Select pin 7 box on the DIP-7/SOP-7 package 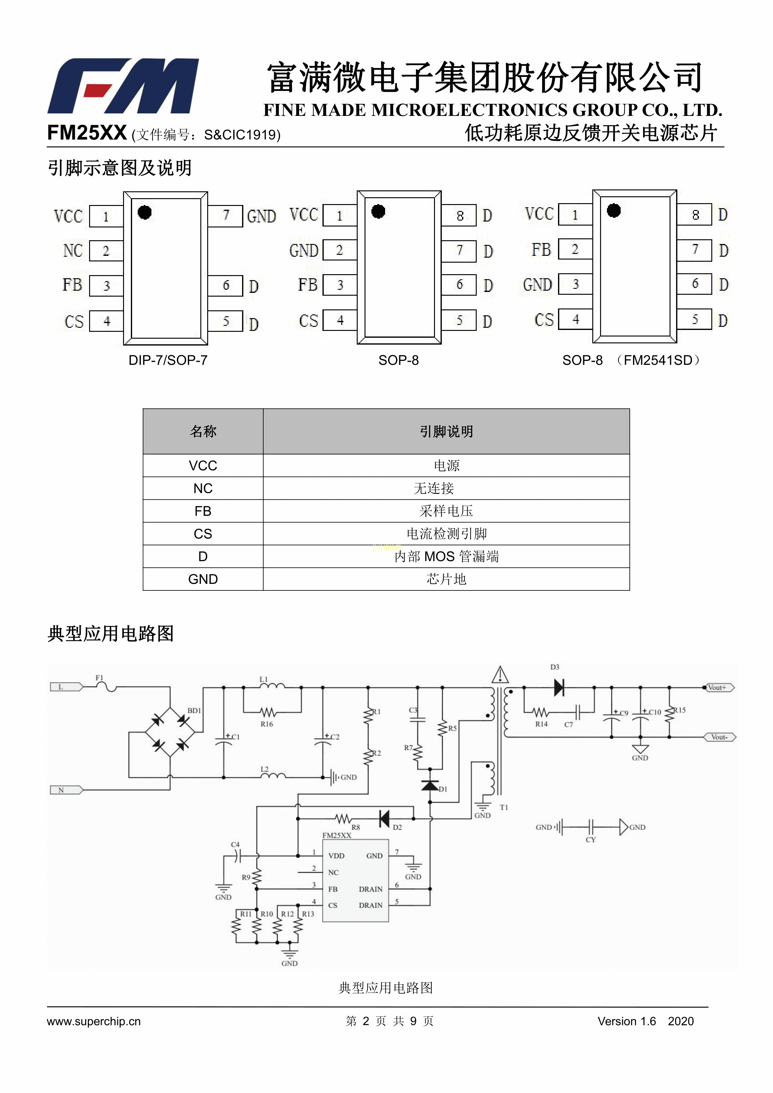click(x=226, y=216)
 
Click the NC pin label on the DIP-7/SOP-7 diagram click(x=73, y=251)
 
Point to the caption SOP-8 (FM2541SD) click(x=631, y=360)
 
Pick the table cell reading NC click(x=203, y=489)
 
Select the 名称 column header click(x=203, y=431)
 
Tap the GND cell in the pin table click(x=203, y=579)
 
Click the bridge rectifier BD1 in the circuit click(x=170, y=733)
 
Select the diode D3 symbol click(x=559, y=687)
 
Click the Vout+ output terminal click(x=719, y=687)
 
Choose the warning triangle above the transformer click(x=500, y=675)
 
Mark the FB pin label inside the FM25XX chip click(x=333, y=889)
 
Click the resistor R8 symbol click(x=343, y=819)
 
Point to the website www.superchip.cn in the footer click(x=94, y=1021)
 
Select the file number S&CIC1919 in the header click(x=242, y=135)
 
